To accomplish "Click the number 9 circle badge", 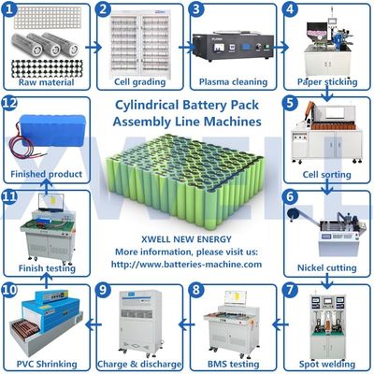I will click(104, 291).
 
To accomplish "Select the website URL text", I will click(187, 265).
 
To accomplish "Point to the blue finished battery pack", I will click(47, 136).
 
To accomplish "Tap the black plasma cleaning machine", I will click(231, 47).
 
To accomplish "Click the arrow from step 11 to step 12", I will click(47, 185).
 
